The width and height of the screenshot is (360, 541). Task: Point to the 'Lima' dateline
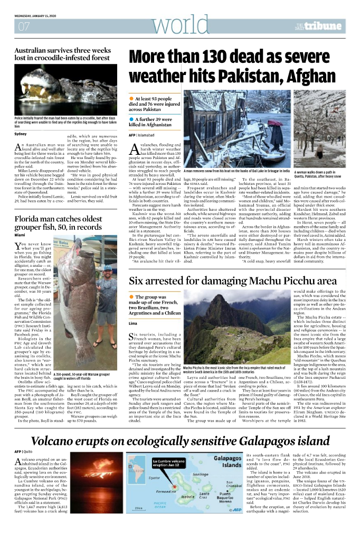[132, 323]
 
